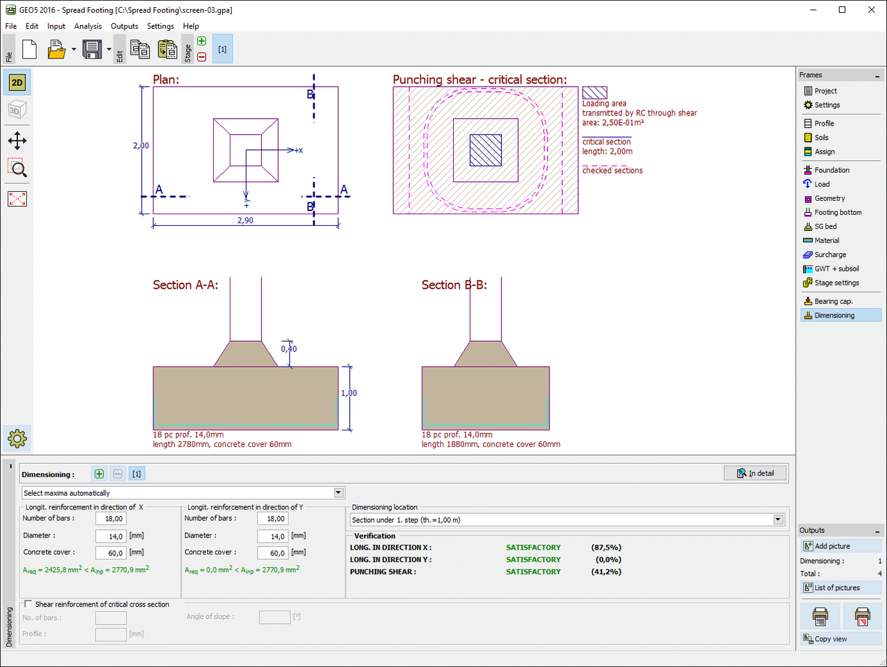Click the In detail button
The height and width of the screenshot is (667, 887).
[x=755, y=473]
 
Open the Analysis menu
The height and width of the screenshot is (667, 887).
[x=88, y=26]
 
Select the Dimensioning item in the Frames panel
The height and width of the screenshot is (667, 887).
[x=834, y=316]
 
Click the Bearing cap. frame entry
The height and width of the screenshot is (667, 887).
[x=833, y=301]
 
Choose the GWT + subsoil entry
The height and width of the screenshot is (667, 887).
[x=836, y=269]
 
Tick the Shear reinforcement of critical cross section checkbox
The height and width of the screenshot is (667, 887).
[x=28, y=604]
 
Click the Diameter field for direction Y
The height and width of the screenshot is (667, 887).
[x=273, y=536]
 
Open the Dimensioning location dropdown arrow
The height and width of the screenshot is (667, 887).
[x=778, y=519]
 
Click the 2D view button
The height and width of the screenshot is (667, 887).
[x=17, y=83]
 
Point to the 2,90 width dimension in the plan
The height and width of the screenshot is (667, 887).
[x=245, y=221]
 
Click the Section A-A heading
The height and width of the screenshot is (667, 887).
[x=185, y=285]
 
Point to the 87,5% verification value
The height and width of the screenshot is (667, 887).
[x=606, y=548]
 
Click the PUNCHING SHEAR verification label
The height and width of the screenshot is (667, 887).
[x=383, y=572]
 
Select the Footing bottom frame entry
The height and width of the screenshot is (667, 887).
[x=838, y=212]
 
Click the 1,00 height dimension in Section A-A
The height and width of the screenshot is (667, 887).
[x=349, y=393]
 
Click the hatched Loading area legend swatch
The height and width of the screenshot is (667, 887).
[x=594, y=93]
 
